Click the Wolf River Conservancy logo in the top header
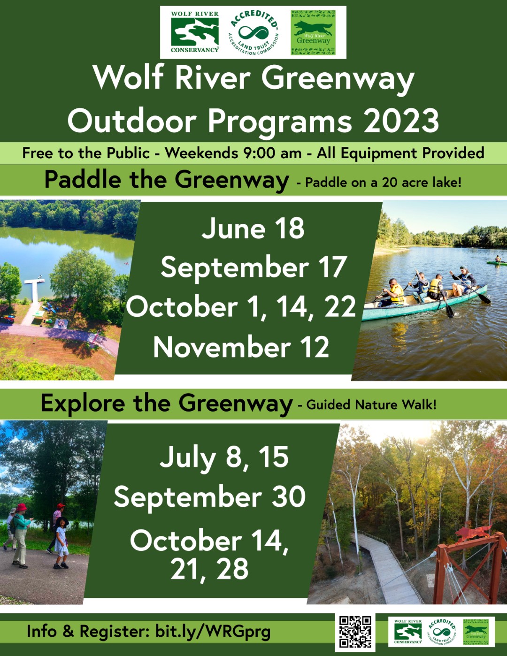coord(194,32)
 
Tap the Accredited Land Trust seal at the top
coord(253,32)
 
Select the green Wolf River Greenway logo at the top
coord(313,32)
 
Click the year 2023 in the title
coord(401,121)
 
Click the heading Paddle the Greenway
coord(167,180)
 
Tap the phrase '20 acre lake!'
coord(422,183)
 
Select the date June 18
coord(253,229)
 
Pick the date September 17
coord(253,267)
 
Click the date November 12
coord(241,347)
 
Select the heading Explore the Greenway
coord(167,404)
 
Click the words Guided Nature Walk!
coord(371,405)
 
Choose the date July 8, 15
coord(224,458)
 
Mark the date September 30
coord(210,497)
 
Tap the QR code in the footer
coord(355,632)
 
